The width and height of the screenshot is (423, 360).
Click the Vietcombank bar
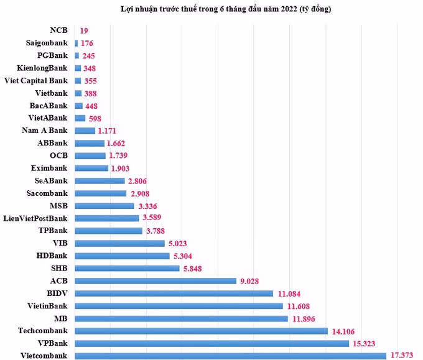click(x=230, y=356)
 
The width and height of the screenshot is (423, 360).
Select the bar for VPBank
click(x=211, y=343)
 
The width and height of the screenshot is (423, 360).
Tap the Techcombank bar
click(x=201, y=331)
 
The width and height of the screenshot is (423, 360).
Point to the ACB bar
click(x=156, y=280)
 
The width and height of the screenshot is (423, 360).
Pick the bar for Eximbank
click(x=91, y=168)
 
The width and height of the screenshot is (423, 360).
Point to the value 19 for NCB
click(x=84, y=30)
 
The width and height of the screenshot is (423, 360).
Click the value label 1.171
click(x=109, y=131)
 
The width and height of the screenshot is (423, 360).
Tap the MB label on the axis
click(x=60, y=318)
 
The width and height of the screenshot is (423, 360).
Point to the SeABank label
click(x=51, y=180)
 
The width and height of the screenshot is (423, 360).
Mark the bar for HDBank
click(x=122, y=256)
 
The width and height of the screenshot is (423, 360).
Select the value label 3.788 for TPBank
click(x=158, y=231)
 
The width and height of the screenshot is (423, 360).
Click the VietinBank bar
click(x=179, y=306)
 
